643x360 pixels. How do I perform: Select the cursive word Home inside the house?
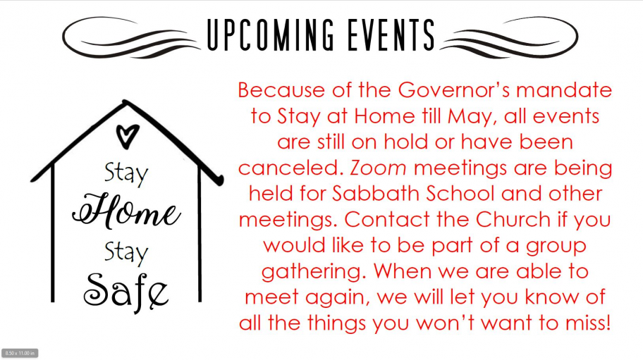[x=126, y=211]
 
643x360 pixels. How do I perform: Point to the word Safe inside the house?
[x=126, y=287]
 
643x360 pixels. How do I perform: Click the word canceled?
[x=290, y=168]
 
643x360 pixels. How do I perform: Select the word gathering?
[x=314, y=271]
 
